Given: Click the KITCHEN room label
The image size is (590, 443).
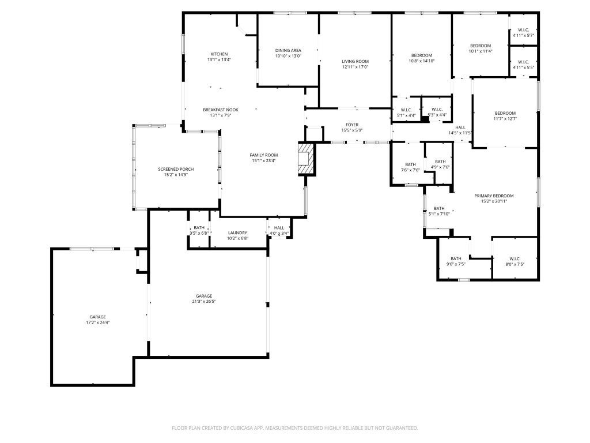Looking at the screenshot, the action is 219,54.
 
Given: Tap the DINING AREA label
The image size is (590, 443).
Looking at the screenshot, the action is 288,50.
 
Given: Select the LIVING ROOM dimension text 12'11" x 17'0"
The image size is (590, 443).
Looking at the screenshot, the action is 355,67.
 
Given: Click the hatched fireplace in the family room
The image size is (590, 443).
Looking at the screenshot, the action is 306,158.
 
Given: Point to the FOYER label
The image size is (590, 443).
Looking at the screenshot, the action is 352,125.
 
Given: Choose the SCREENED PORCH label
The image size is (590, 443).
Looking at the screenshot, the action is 176,169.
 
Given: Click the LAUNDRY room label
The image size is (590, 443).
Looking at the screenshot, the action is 237,233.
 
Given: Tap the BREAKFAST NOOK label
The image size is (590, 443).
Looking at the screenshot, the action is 221,110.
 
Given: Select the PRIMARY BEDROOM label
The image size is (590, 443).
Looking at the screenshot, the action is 494,196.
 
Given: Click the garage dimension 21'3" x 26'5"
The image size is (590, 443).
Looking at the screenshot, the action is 204,301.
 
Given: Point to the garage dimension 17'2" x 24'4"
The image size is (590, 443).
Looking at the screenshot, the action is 97,322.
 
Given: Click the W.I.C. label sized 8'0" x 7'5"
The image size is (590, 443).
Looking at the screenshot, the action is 515,259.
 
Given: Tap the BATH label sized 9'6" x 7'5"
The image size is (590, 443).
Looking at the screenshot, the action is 456,259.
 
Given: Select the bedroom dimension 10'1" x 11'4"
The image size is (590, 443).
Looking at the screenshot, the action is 481,51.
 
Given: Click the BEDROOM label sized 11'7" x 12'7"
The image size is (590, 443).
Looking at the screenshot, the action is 505,113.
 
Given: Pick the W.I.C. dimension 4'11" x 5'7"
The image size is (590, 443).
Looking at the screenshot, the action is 523,35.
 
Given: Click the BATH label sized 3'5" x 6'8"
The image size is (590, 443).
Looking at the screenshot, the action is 199,227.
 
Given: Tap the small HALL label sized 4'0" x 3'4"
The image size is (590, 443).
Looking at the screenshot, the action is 279,228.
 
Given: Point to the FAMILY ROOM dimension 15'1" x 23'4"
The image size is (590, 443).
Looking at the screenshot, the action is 264,161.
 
